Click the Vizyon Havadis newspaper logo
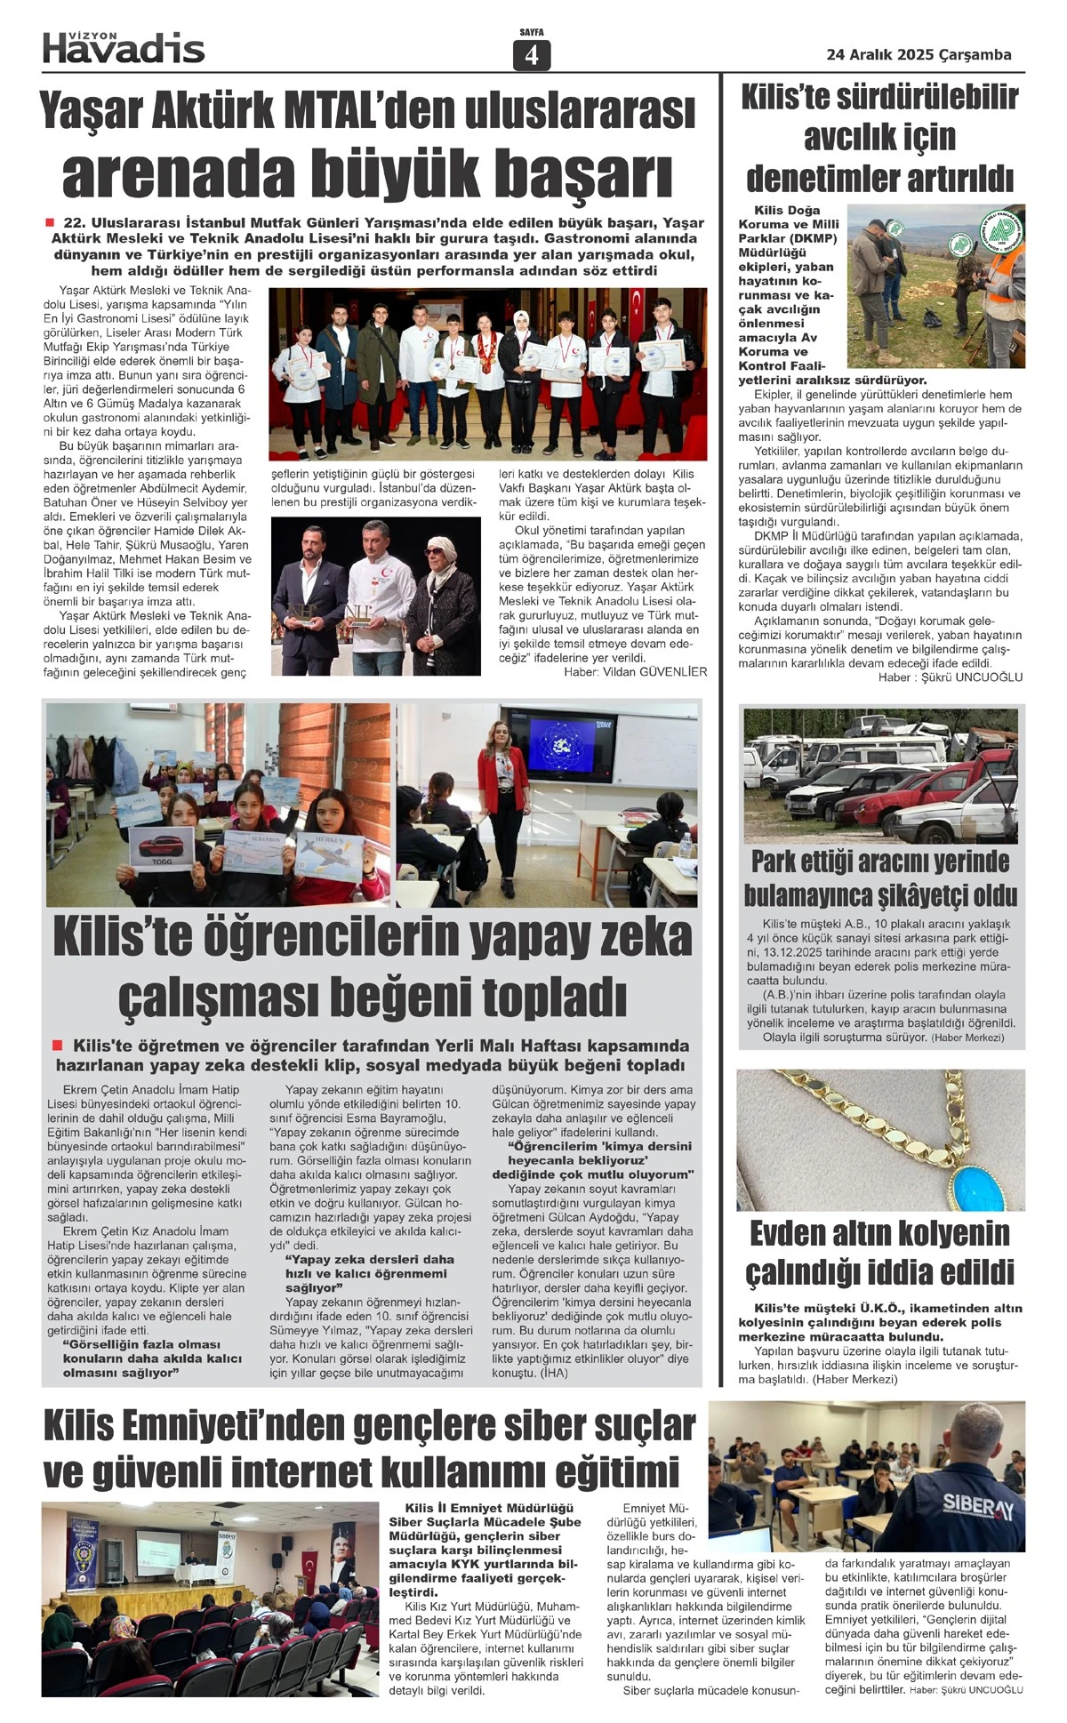coord(124,47)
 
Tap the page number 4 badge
coord(532,55)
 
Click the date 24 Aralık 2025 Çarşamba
coord(919,54)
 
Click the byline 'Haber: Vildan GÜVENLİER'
coord(635,672)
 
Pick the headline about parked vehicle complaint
coord(880,878)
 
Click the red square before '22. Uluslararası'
coord(50,222)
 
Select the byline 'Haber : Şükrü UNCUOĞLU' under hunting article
coord(950,677)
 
